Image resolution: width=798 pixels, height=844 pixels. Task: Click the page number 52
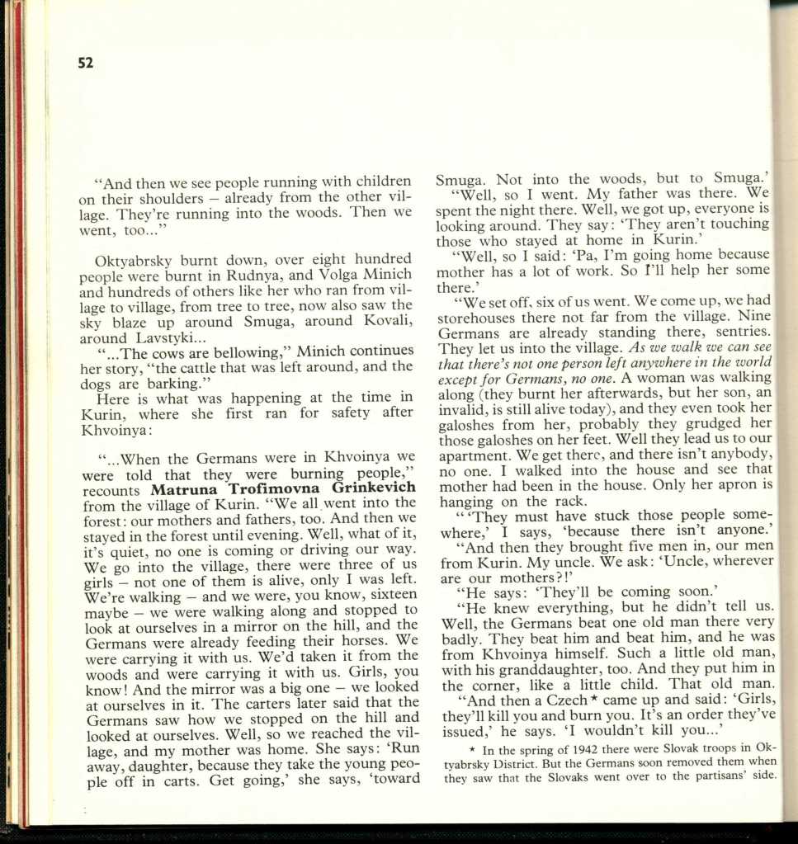point(86,63)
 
